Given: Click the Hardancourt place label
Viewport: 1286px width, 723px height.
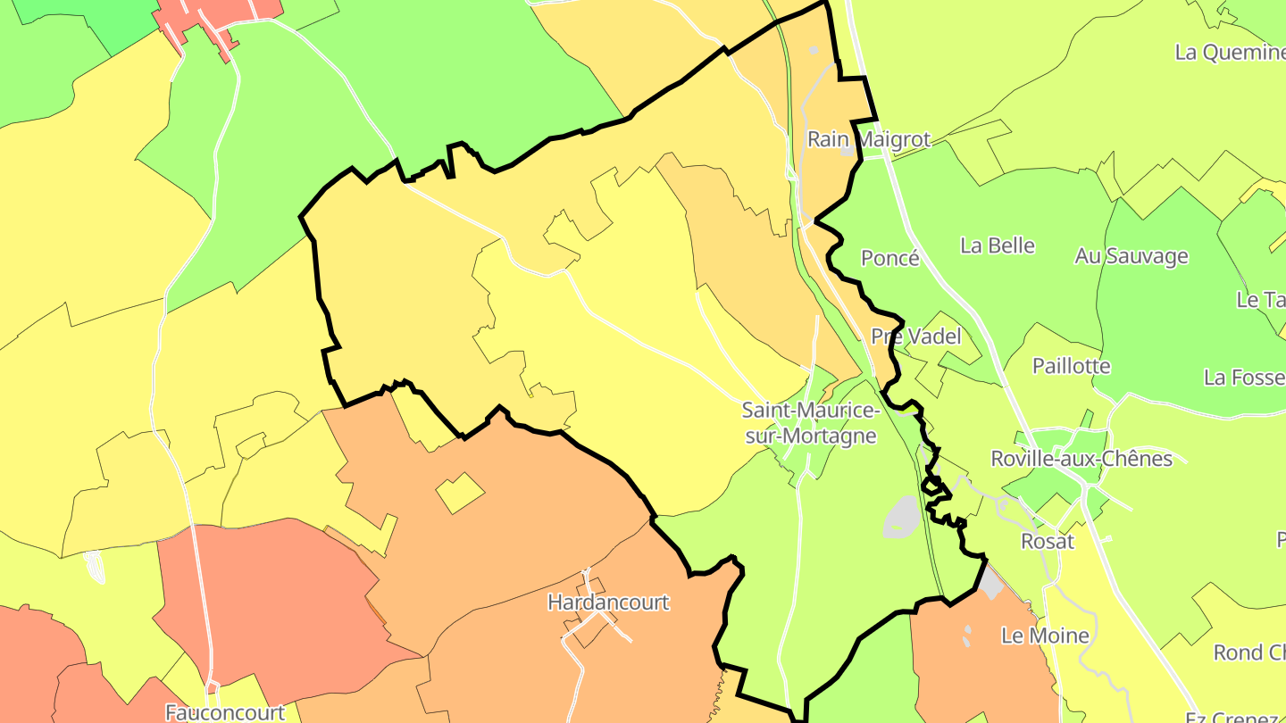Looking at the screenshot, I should pos(608,602).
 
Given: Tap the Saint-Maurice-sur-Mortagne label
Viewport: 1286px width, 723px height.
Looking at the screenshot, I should pos(811,423).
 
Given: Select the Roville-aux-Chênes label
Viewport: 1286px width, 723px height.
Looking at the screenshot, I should pos(1081,459).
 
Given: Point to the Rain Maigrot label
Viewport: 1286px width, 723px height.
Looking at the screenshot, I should pos(868,139).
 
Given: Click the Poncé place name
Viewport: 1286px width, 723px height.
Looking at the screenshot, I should pos(889,258).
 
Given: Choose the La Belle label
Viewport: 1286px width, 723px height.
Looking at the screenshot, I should pos(998,245).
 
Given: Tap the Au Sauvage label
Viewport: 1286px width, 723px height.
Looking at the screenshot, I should pos(1132,256).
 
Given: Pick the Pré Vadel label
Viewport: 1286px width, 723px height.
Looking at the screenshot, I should pos(916,337).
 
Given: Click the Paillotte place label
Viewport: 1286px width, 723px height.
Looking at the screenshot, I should pos(1071,366).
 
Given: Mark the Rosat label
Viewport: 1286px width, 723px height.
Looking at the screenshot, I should pos(1048,542).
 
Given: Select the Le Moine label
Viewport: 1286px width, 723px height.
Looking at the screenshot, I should pos(1045,636).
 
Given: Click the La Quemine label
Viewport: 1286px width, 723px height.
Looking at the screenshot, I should pos(1230,52).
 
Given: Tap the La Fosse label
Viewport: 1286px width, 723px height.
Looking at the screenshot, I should pos(1244,378).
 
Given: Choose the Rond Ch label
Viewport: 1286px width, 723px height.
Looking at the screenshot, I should pos(1249,652).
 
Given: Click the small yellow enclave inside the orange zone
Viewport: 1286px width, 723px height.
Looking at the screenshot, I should pos(460,493).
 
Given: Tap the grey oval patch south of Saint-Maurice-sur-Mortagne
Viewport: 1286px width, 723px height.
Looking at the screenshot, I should pos(902,517).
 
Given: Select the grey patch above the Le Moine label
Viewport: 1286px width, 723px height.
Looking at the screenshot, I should pos(990,584).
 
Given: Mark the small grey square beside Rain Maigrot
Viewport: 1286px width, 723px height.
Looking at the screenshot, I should pos(847,151).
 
